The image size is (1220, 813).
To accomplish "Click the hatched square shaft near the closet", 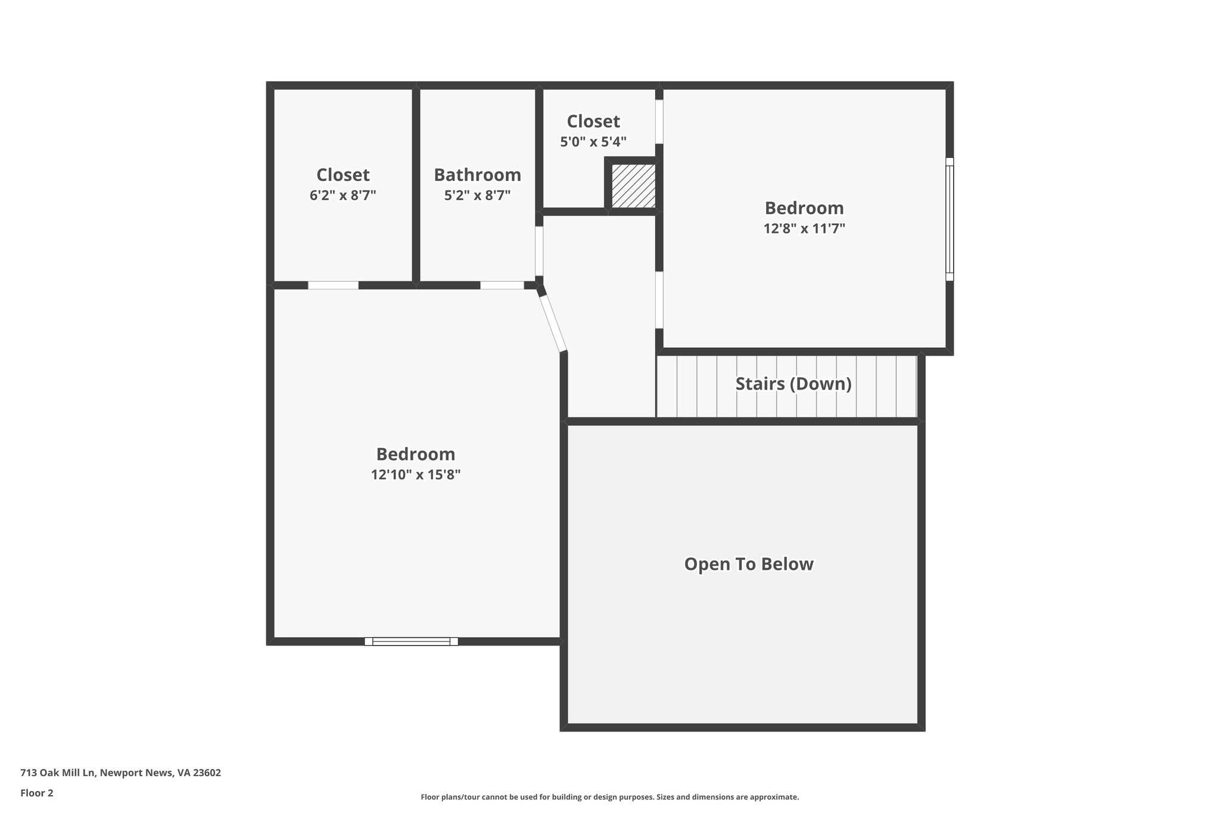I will [x=633, y=186].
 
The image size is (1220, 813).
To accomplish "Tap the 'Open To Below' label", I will [x=748, y=563].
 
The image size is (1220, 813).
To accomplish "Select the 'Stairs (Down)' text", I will [x=793, y=384].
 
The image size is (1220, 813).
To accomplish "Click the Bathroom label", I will [x=477, y=175].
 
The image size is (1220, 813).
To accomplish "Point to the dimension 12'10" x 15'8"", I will [x=416, y=475].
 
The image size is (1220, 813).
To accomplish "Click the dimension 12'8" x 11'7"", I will [x=804, y=228].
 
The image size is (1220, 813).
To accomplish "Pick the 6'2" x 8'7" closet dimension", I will [x=343, y=195].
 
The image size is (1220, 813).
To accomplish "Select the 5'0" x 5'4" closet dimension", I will [x=593, y=142].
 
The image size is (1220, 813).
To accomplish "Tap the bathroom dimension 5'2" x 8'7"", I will [x=477, y=195].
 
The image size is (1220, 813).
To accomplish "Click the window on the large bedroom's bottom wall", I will [x=411, y=641].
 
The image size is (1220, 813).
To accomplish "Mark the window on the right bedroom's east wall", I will [x=950, y=219].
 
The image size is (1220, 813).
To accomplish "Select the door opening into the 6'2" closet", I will [x=333, y=285].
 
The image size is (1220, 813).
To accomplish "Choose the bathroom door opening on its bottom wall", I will [x=502, y=285].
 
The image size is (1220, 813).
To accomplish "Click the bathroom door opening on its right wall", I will [x=539, y=251].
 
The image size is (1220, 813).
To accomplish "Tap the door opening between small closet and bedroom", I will [x=659, y=122].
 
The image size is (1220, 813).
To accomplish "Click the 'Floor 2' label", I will [x=37, y=793].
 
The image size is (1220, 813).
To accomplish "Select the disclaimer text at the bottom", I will [x=609, y=797].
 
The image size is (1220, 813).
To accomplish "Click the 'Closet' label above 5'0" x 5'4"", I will [x=593, y=121].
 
